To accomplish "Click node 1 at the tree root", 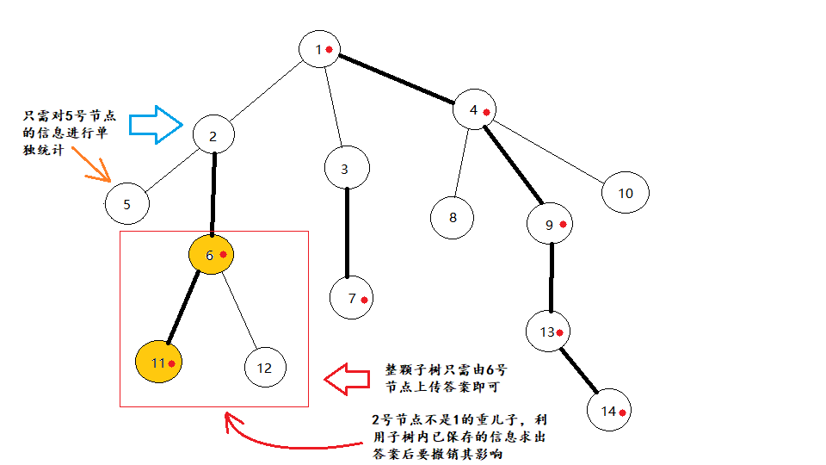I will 320,48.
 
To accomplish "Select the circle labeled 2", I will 213,135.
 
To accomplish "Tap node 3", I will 346,169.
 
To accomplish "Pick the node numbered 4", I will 477,109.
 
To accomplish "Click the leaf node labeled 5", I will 126,205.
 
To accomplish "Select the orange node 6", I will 211,254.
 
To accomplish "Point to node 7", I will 351,298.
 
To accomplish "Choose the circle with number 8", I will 453,217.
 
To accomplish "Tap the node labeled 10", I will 625,193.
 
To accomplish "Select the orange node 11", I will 159,363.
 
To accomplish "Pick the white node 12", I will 264,368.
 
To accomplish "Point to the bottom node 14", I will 610,411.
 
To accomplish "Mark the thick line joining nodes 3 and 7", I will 348,232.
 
